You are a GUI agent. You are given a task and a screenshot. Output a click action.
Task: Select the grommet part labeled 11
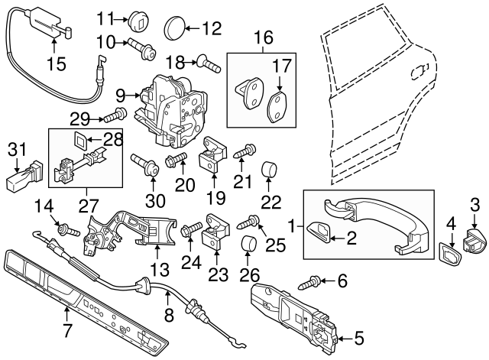coord(137,18)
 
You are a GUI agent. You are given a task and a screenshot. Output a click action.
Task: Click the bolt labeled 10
coord(144,50)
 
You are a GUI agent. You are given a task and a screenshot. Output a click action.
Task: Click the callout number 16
coord(263,37)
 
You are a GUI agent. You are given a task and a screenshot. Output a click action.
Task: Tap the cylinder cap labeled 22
coord(270,169)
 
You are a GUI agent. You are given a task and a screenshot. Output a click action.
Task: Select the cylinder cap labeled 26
coord(248,246)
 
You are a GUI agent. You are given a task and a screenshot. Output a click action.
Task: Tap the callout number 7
coord(67,330)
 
